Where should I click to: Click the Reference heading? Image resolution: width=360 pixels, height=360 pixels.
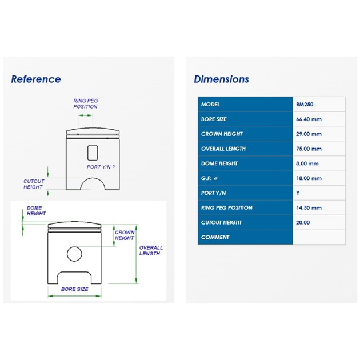click(36, 79)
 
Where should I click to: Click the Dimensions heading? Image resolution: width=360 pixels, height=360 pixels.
click(221, 79)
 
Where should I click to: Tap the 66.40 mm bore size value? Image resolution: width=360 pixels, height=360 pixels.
click(309, 119)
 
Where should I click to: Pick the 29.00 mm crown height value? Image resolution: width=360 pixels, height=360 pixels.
click(309, 134)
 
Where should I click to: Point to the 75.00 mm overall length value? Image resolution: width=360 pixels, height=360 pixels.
click(309, 149)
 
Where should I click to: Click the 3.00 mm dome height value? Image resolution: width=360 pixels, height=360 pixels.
click(307, 163)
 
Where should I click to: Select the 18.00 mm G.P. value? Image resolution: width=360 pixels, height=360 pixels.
click(309, 178)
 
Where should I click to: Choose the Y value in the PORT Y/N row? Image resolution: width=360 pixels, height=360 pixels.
click(298, 193)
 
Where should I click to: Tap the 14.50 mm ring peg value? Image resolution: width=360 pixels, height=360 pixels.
click(309, 208)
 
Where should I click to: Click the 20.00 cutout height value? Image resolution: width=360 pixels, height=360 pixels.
click(303, 222)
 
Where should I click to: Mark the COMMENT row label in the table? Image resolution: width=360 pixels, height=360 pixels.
click(215, 237)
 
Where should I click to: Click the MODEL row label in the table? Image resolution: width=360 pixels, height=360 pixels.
click(210, 105)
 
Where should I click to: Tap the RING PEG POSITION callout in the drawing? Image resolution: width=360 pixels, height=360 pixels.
click(85, 103)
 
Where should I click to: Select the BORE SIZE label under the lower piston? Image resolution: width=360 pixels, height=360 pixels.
click(75, 289)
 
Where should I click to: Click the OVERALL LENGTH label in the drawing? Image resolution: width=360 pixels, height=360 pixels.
click(151, 250)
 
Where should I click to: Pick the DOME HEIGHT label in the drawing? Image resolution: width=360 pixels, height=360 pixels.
click(36, 210)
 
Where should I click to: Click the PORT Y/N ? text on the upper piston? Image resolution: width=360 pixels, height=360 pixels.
click(101, 167)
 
